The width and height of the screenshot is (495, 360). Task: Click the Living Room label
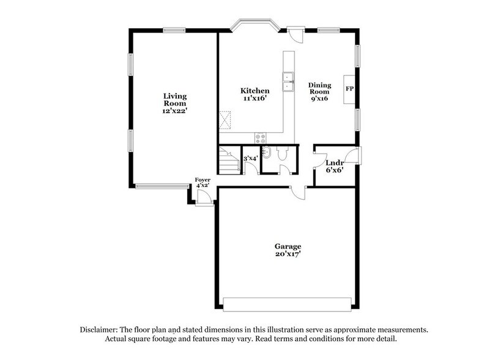[174, 100]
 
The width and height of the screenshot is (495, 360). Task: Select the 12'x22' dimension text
[174, 113]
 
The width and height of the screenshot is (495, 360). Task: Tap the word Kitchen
[254, 91]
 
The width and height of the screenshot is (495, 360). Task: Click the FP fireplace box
[349, 89]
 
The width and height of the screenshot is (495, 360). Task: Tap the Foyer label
[203, 179]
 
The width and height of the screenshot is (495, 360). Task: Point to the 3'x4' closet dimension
[251, 158]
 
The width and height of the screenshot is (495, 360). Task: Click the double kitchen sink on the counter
[287, 78]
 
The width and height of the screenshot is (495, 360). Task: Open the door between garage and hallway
[298, 192]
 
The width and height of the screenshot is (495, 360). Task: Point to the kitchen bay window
[255, 24]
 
